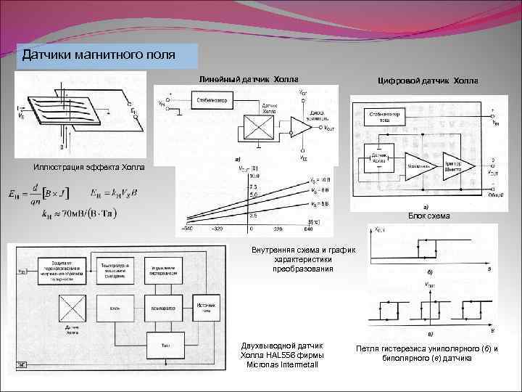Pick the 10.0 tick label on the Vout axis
tap(254, 175)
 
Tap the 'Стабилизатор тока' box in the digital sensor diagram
tap(389, 116)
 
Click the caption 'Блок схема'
tap(428, 216)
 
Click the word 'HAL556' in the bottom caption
tap(294, 355)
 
